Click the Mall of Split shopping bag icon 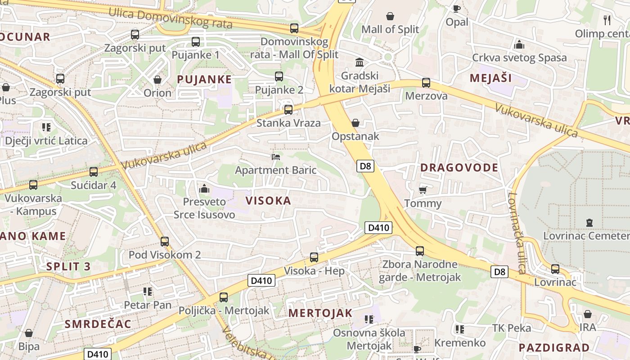pos(390,17)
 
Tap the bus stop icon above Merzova pos(426,83)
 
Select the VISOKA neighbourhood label pos(268,201)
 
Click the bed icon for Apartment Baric pos(276,157)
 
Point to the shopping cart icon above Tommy pos(423,189)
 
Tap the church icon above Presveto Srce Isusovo pos(204,189)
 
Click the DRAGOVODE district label pos(459,168)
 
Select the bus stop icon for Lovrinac pos(555,269)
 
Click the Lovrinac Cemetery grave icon pos(589,222)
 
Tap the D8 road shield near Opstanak pos(366,166)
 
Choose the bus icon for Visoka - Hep pos(314,257)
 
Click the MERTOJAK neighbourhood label pos(320,313)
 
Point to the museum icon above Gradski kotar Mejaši pos(360,62)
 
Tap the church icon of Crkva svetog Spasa pos(519,45)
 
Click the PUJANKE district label pos(204,80)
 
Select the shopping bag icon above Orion pos(157,80)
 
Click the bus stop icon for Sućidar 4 pos(94,172)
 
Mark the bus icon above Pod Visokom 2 pos(165,242)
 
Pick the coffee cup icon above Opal pos(457,9)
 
